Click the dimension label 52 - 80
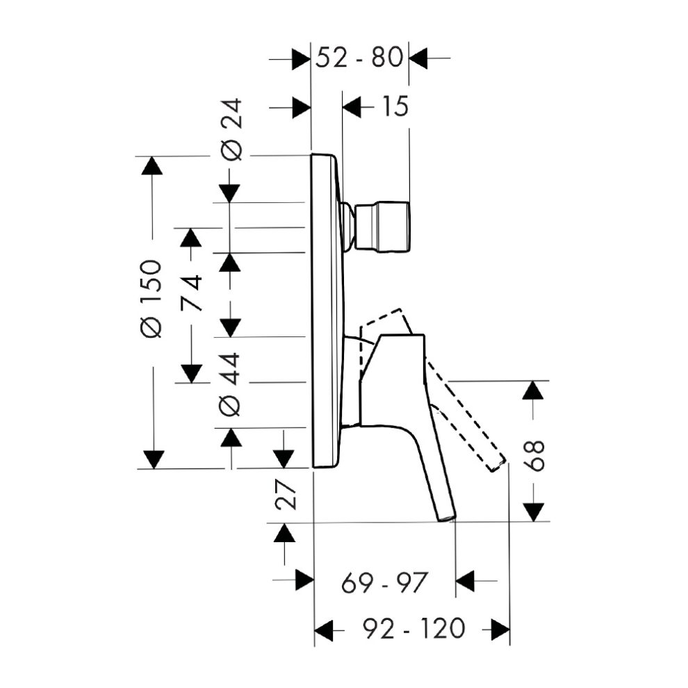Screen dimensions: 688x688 359,58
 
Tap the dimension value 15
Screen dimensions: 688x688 395,106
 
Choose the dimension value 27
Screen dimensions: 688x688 286,494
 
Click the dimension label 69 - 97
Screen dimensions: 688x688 384,582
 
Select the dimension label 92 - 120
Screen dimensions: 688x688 413,628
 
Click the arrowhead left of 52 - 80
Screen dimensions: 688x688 301,58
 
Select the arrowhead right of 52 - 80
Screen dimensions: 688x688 418,58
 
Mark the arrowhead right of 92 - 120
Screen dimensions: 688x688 500,630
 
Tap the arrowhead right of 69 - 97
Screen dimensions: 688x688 465,581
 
